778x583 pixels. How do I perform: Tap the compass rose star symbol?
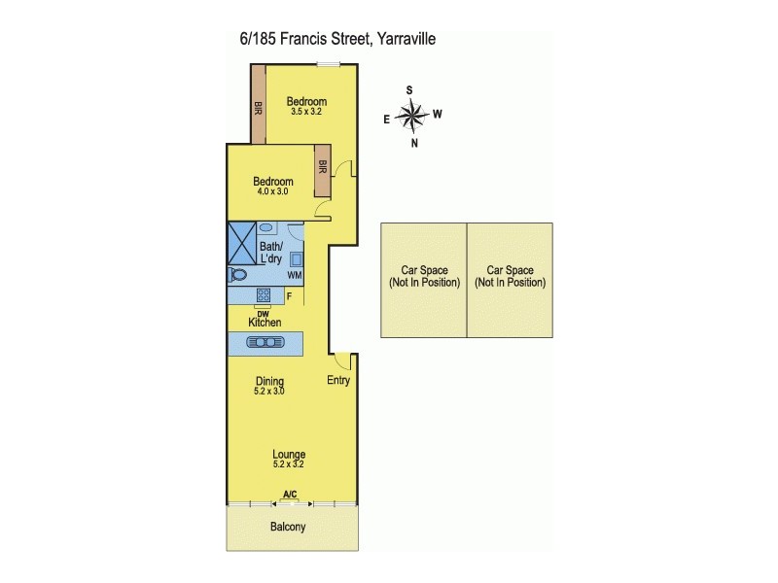pyautogui.click(x=412, y=117)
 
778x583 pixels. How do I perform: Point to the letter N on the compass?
pyautogui.click(x=415, y=144)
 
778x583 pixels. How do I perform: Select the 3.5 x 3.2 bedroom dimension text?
pyautogui.click(x=306, y=112)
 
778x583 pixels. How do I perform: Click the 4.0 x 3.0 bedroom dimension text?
pyautogui.click(x=272, y=192)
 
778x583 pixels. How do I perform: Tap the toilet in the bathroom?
pyautogui.click(x=236, y=276)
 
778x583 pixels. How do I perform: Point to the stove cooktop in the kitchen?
pyautogui.click(x=263, y=295)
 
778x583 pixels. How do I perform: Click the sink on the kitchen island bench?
pyautogui.click(x=265, y=342)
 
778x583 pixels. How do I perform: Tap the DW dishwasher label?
pyautogui.click(x=263, y=311)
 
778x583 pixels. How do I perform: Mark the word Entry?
pyautogui.click(x=337, y=381)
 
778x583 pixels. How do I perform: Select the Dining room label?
pyautogui.click(x=269, y=381)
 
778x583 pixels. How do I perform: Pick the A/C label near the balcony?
pyautogui.click(x=289, y=496)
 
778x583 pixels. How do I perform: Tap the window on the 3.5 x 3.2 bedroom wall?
pyautogui.click(x=328, y=65)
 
